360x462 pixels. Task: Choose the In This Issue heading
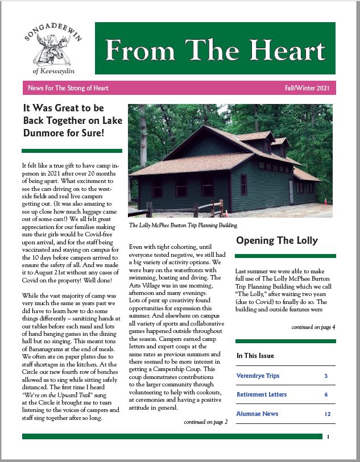255,356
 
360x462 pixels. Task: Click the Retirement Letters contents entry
262,394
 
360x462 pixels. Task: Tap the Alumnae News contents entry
257,414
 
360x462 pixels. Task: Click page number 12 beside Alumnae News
328,414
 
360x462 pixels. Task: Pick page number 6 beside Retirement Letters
326,394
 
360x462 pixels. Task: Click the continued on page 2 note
205,422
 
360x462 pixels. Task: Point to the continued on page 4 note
313,327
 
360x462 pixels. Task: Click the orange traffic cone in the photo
326,201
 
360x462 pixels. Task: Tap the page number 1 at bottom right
329,437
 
